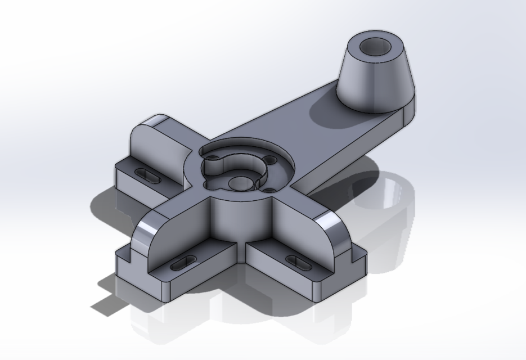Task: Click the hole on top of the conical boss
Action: (375, 48)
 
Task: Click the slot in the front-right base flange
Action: (299, 261)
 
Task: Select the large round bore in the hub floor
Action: (241, 183)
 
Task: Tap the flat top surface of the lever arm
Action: (315, 127)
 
